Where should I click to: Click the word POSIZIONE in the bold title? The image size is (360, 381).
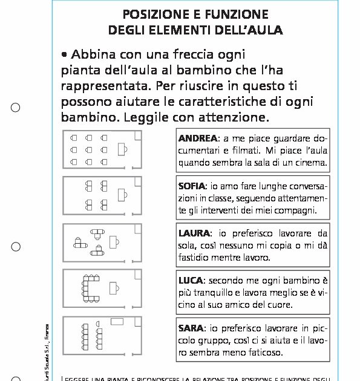point(152,14)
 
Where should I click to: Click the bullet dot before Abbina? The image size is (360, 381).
point(63,54)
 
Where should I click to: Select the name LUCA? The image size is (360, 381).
point(191,281)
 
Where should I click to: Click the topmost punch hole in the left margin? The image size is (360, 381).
point(16,108)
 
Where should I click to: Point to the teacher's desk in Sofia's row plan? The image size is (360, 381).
point(123,194)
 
